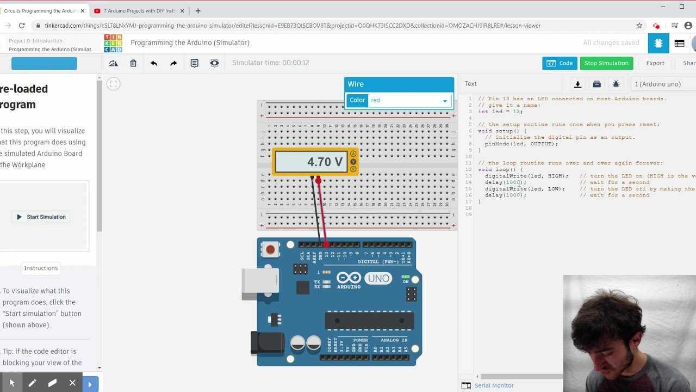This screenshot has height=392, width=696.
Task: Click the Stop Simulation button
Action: (x=606, y=63)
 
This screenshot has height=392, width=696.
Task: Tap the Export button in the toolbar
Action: (x=655, y=63)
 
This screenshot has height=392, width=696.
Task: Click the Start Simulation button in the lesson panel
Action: (x=41, y=217)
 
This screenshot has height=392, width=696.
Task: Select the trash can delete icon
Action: (x=133, y=63)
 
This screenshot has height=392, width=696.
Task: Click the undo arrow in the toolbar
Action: (x=154, y=63)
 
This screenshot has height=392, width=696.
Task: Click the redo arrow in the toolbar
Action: (x=173, y=63)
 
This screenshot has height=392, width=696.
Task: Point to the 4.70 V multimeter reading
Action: (x=325, y=162)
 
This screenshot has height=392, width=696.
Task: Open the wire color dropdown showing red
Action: (x=409, y=101)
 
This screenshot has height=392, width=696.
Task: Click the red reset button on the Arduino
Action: (x=270, y=249)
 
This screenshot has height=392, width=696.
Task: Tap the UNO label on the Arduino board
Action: (x=378, y=278)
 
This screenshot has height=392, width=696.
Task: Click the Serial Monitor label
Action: (x=494, y=385)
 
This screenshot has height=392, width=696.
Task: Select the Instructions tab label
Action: (x=41, y=268)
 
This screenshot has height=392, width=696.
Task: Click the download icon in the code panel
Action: (x=577, y=84)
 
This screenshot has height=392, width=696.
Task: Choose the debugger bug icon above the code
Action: (x=616, y=84)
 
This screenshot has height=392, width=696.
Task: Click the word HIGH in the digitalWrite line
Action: (x=556, y=176)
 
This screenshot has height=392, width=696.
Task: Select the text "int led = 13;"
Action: (x=500, y=112)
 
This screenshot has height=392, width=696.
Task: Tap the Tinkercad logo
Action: (x=113, y=43)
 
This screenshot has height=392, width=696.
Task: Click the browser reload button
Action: (x=22, y=26)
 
